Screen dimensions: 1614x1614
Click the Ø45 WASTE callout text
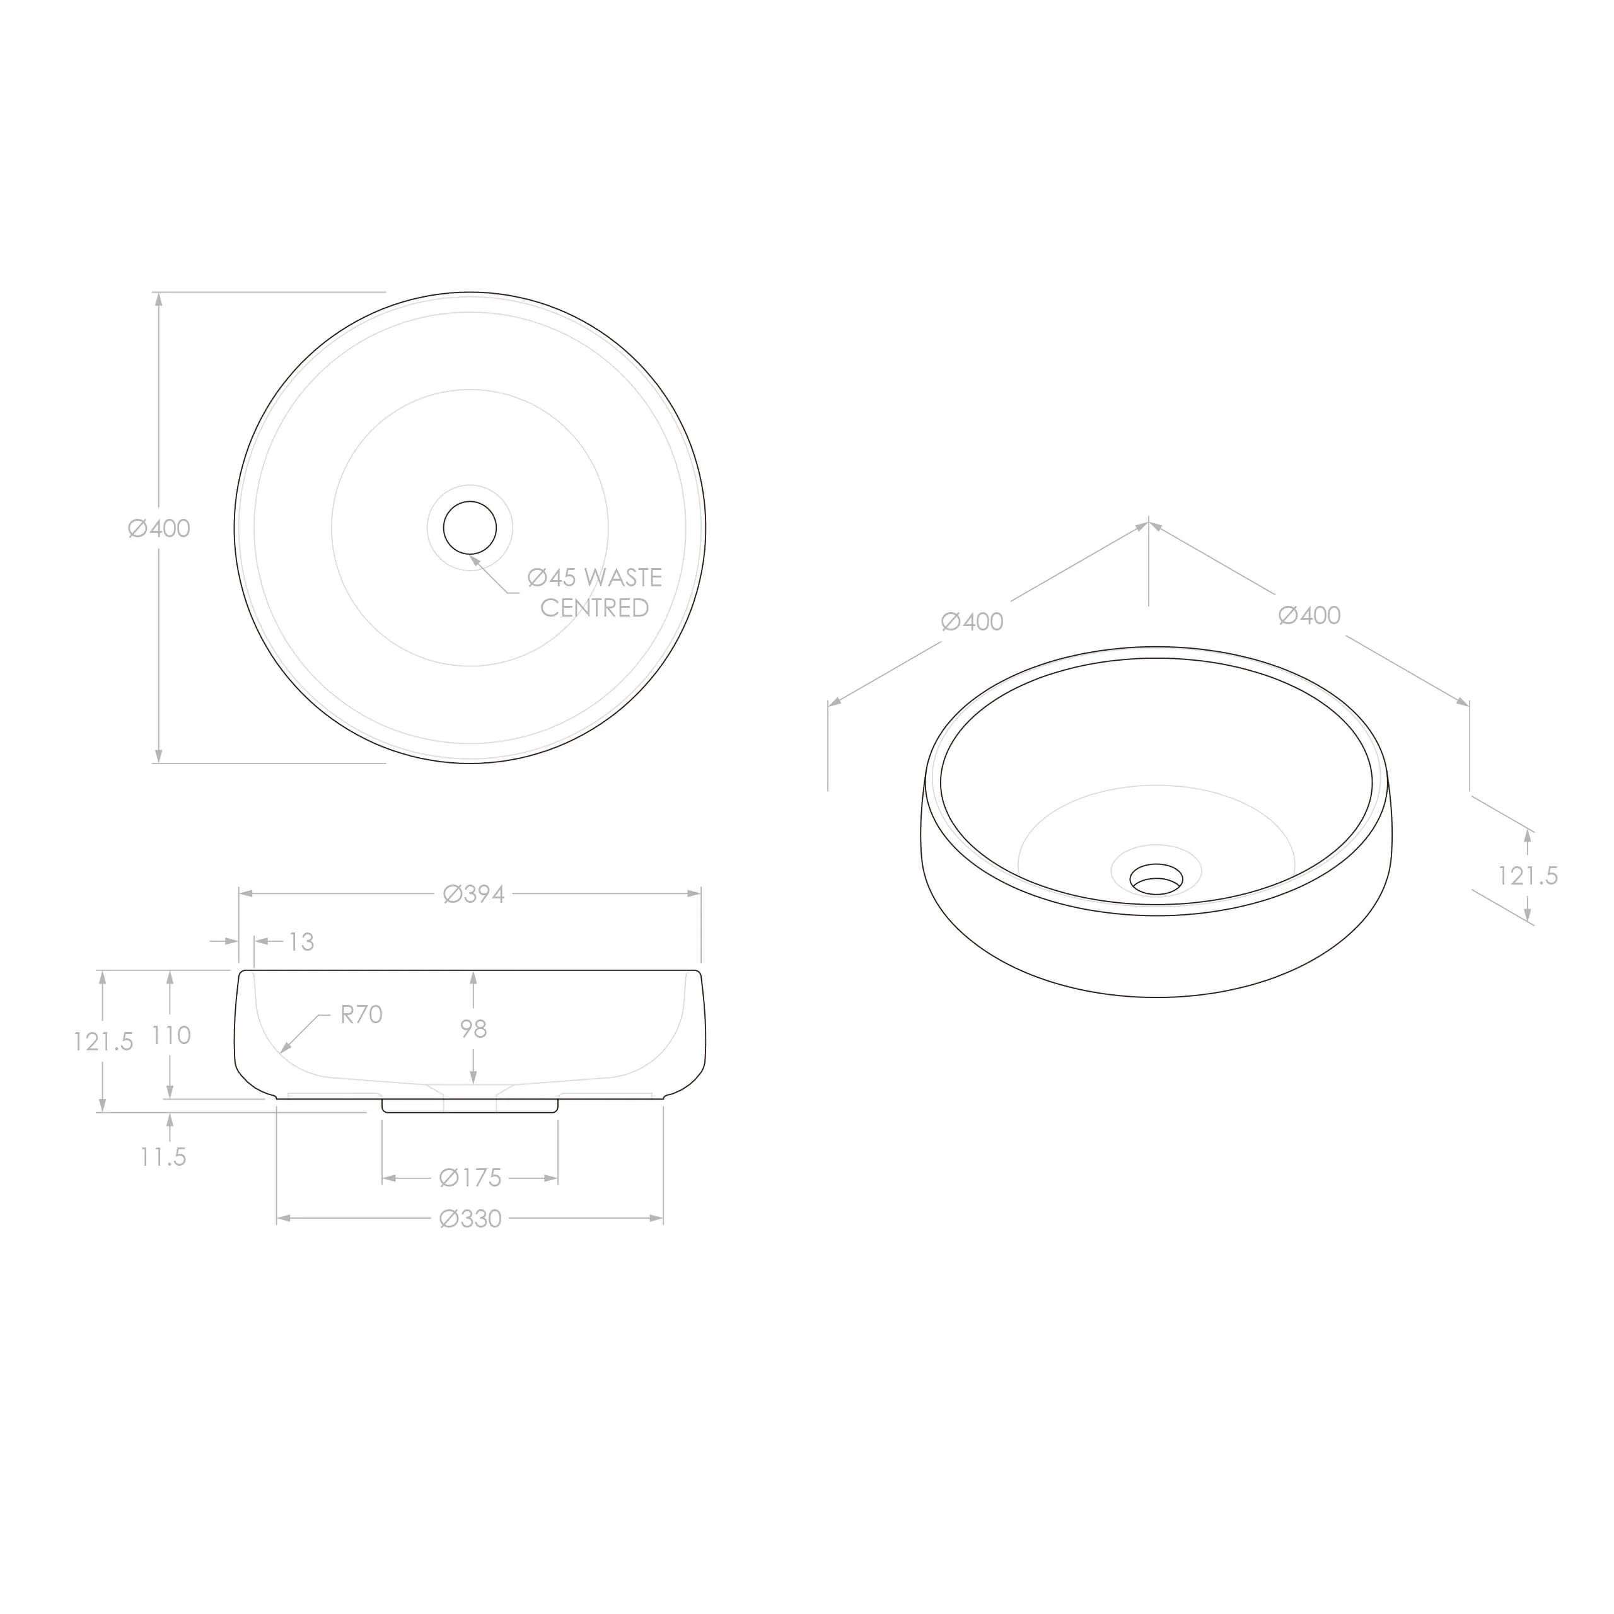pyautogui.click(x=594, y=578)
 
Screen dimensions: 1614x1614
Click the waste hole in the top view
pyautogui.click(x=470, y=527)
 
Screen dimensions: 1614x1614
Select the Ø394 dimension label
pyautogui.click(x=473, y=894)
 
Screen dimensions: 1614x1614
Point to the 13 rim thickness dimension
pyautogui.click(x=301, y=941)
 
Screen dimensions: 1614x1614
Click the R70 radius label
pyautogui.click(x=361, y=1014)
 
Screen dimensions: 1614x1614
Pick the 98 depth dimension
pyautogui.click(x=473, y=1028)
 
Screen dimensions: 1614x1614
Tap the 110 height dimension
pyautogui.click(x=171, y=1035)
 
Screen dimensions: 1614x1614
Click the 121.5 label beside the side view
pyautogui.click(x=103, y=1042)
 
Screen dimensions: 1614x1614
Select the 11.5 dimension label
pyautogui.click(x=163, y=1157)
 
